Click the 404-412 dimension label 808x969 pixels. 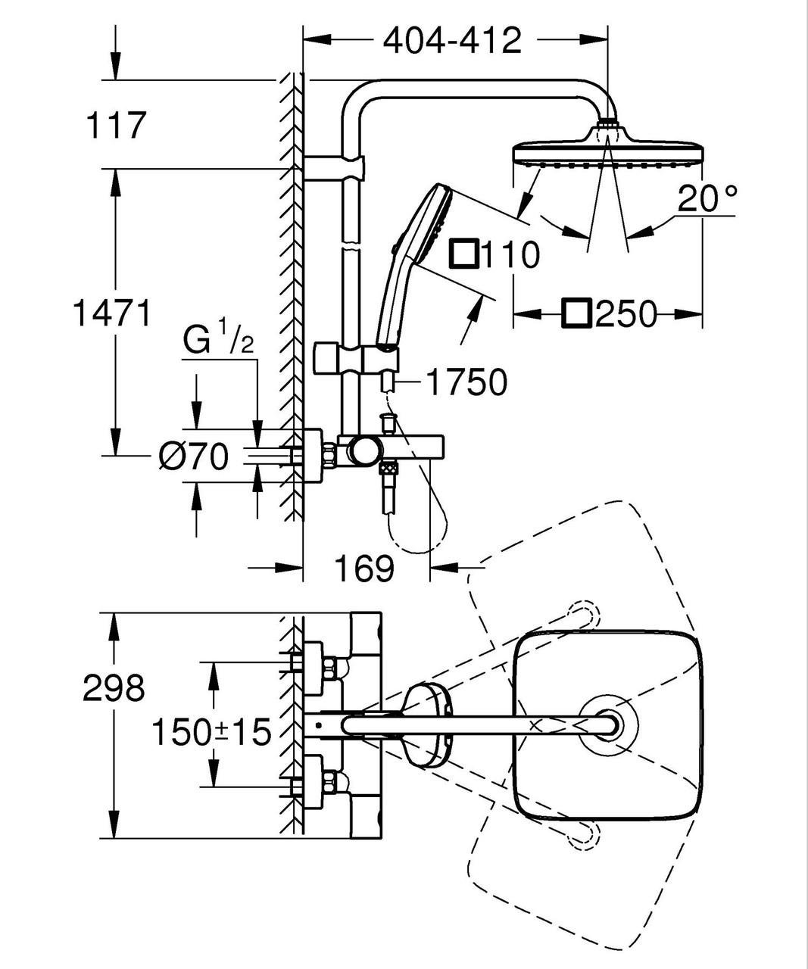click(452, 40)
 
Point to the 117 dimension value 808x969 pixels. click(114, 126)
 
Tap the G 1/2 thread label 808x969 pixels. click(218, 341)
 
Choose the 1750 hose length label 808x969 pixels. click(465, 383)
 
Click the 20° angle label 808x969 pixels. click(707, 198)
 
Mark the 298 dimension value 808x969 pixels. click(113, 688)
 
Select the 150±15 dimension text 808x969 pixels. click(211, 732)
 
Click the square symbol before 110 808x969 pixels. click(463, 254)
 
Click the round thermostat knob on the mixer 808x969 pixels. click(361, 452)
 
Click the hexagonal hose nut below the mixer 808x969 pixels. click(389, 469)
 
